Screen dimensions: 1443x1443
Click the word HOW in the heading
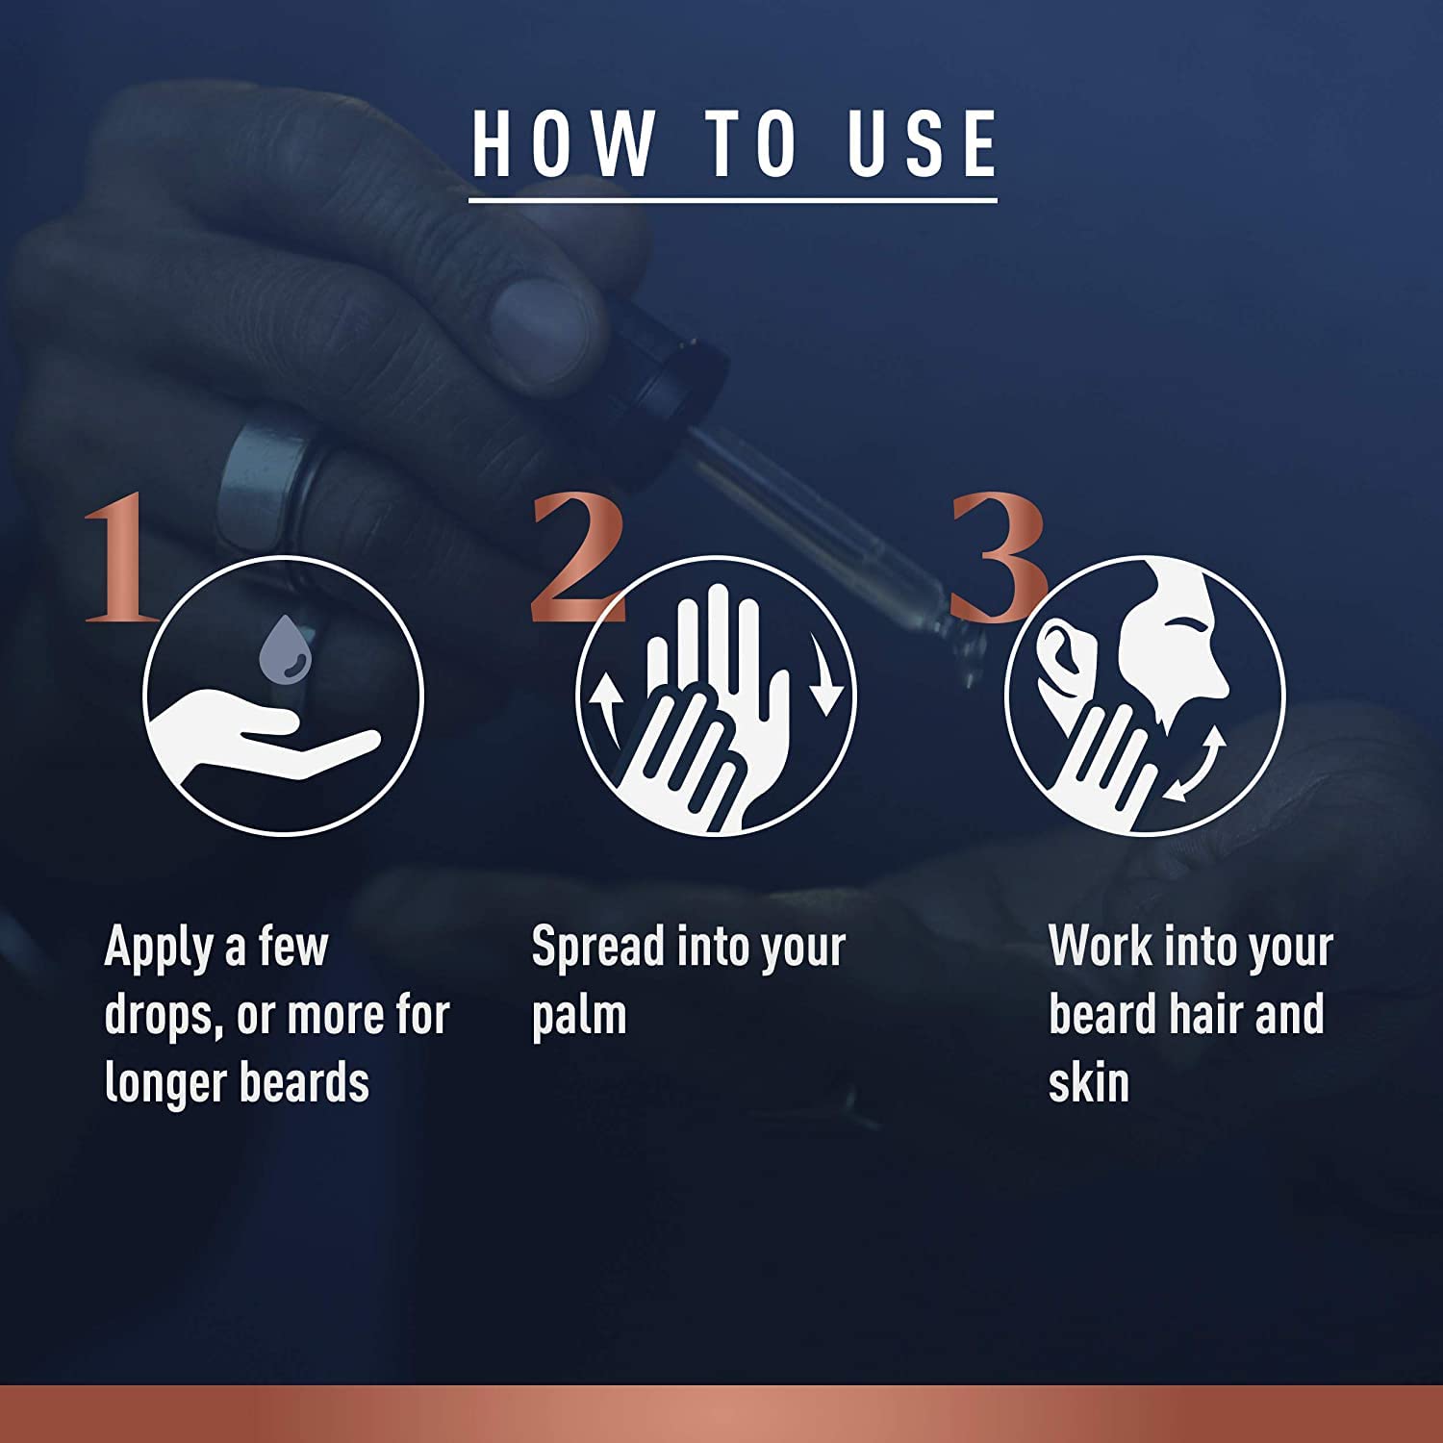click(562, 143)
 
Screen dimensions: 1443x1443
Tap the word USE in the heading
click(923, 143)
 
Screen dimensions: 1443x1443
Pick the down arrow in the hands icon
click(823, 673)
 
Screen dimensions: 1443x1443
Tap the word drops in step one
click(164, 1016)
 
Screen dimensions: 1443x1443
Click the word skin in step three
click(1088, 1082)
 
